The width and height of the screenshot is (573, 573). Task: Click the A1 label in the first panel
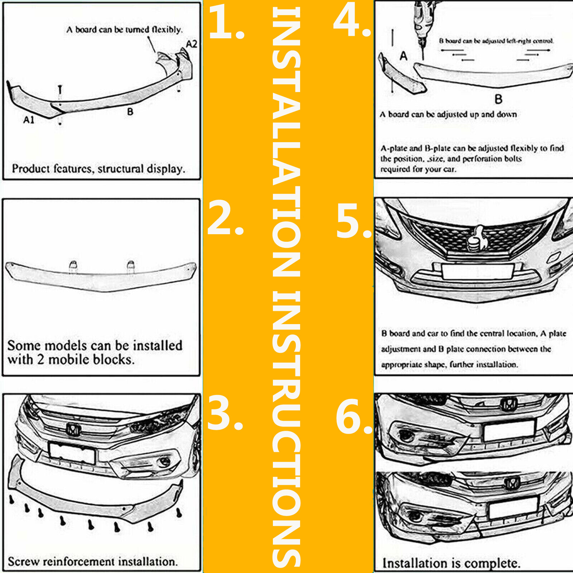pyautogui.click(x=29, y=120)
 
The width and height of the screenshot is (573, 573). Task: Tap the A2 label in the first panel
pyautogui.click(x=192, y=44)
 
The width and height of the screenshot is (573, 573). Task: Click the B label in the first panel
pyautogui.click(x=130, y=112)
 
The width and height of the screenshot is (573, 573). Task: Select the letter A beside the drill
pyautogui.click(x=404, y=56)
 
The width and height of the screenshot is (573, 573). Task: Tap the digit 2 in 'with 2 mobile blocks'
pyautogui.click(x=41, y=360)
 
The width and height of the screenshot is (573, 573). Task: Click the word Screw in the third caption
pyautogui.click(x=24, y=561)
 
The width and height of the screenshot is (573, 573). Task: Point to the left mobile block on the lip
pyautogui.click(x=73, y=266)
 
